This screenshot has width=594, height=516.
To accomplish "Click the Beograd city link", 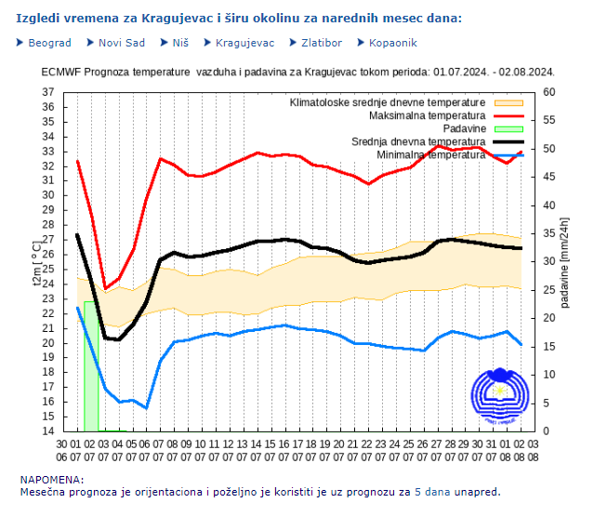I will point(49,43).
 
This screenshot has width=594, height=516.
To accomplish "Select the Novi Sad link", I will point(121,43).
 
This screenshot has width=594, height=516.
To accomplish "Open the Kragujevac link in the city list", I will point(244,43).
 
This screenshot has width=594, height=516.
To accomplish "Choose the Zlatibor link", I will point(322,43).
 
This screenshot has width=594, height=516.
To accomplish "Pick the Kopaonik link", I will point(392,43).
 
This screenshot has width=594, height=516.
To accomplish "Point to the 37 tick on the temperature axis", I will point(48,92).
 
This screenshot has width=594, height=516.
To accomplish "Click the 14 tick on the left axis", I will point(48,431).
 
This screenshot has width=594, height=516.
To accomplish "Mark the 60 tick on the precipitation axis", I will point(548,92).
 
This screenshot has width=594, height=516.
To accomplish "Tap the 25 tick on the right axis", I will point(548,290).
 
